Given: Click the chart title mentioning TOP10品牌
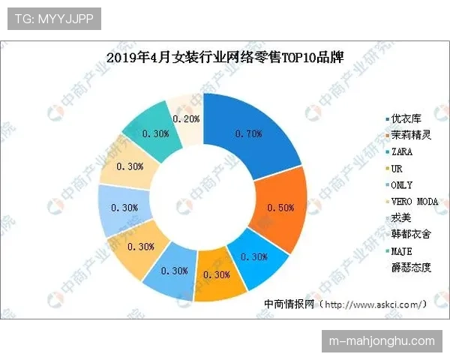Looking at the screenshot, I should pos(225,58).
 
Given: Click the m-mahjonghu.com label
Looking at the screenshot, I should pos(382,341).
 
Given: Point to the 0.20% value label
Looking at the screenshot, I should pos(186,118).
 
